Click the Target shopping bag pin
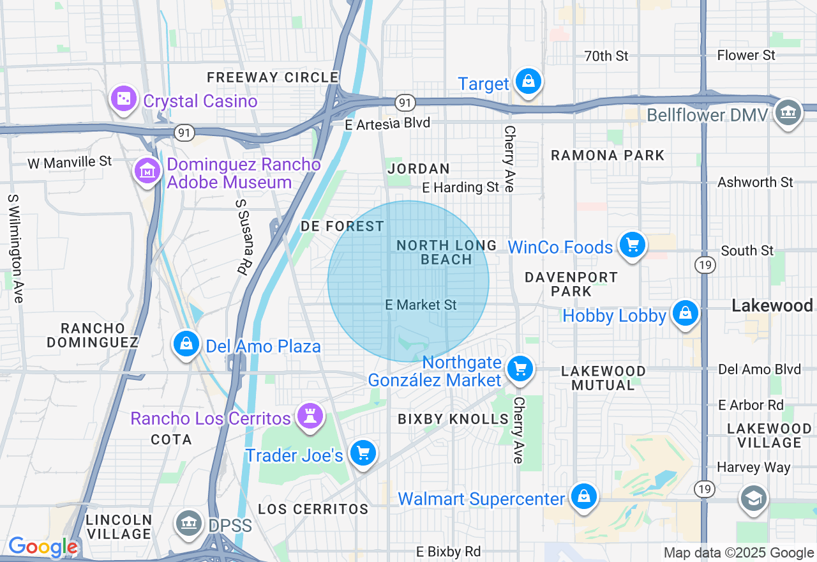point(528,82)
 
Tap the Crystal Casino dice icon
point(124,99)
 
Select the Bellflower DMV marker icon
point(788,113)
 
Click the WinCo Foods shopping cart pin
point(632,245)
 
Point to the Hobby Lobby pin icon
point(685,314)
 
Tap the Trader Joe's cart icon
point(363,453)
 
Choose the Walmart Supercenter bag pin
point(583,496)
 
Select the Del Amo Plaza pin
point(186,344)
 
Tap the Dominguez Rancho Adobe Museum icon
point(147,171)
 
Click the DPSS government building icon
point(189,523)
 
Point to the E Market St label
point(421,305)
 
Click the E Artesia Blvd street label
point(387,123)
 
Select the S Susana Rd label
point(241,237)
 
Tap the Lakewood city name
point(772,306)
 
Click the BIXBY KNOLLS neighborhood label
point(453,419)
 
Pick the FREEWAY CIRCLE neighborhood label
point(273,78)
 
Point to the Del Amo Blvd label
point(759,369)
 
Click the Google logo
point(43,547)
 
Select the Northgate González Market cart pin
point(520,368)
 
